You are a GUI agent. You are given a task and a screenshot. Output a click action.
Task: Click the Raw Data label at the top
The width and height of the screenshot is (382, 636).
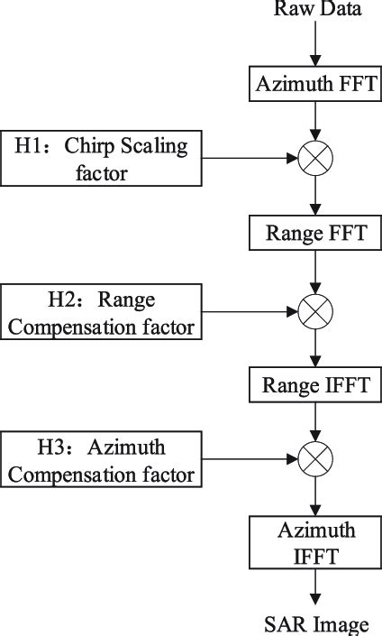tap(315, 11)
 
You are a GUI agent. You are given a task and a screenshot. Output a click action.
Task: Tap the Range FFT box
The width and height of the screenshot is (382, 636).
tap(315, 235)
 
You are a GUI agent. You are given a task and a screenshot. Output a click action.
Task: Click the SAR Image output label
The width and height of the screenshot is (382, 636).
tap(315, 623)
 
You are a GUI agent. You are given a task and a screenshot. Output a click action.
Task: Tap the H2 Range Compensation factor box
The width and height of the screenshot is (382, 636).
tap(103, 312)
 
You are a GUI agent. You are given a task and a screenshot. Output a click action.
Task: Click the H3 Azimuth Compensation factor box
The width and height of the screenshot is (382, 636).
tap(103, 461)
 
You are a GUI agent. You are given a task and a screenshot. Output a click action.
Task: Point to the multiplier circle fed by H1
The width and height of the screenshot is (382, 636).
tap(315, 160)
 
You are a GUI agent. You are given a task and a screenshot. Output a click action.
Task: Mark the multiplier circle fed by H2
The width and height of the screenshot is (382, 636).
tap(315, 311)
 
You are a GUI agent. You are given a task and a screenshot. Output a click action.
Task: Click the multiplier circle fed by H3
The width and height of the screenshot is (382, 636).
tap(315, 461)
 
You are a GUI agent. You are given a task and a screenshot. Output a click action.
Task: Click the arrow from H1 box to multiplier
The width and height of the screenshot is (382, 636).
tap(252, 160)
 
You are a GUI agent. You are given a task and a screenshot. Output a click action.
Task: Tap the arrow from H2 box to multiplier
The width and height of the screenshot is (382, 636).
tap(252, 311)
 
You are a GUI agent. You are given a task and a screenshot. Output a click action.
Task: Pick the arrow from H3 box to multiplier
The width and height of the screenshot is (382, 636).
tap(252, 461)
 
